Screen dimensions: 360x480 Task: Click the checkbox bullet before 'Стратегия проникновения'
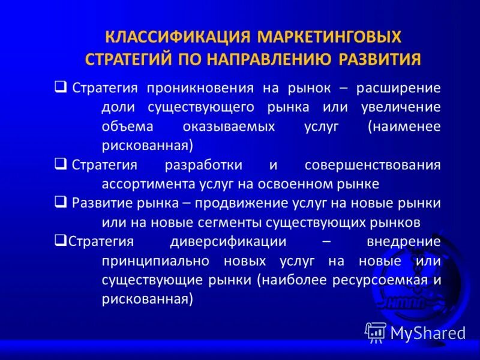tap(60, 87)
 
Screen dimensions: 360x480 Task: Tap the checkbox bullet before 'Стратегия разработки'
tap(60, 164)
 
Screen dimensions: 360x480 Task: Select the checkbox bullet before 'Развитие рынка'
tap(60, 202)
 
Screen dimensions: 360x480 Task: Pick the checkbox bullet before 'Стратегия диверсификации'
tap(59, 241)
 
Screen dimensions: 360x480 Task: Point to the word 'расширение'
tap(398, 88)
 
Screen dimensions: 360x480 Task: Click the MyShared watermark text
tap(428, 333)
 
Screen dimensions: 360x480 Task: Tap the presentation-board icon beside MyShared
tap(376, 332)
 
